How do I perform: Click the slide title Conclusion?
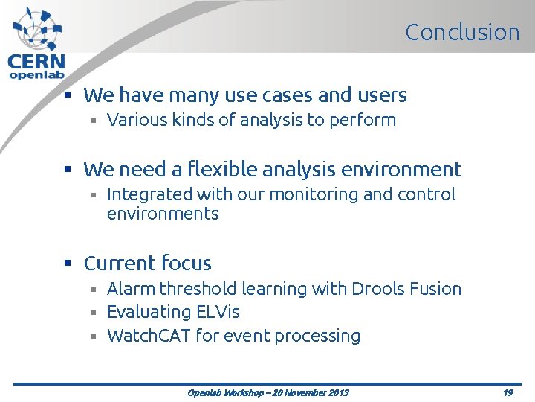click(x=462, y=32)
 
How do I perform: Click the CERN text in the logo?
click(x=36, y=62)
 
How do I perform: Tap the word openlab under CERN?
click(x=36, y=74)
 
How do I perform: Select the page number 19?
click(x=507, y=392)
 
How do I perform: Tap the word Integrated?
click(x=149, y=195)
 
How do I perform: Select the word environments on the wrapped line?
click(x=163, y=214)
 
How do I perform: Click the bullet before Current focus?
click(x=67, y=264)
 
